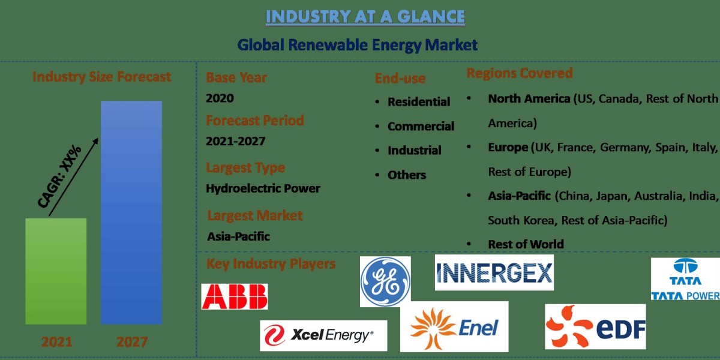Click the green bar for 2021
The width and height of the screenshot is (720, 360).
click(x=56, y=271)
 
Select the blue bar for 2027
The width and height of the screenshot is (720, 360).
click(x=131, y=212)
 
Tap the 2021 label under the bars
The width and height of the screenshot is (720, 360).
click(x=56, y=342)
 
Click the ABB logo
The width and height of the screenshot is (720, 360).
click(x=235, y=296)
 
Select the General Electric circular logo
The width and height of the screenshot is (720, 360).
click(x=385, y=281)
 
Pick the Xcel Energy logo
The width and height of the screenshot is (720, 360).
click(x=323, y=335)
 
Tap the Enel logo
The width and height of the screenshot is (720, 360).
click(x=454, y=326)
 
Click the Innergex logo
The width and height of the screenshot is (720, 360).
click(x=494, y=272)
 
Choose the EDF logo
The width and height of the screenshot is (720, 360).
click(x=595, y=326)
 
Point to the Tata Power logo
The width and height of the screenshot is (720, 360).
click(x=686, y=279)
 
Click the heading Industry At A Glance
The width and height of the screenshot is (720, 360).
click(x=365, y=17)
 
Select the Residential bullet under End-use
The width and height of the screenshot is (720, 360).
click(x=418, y=102)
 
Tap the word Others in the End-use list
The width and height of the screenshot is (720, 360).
click(x=407, y=175)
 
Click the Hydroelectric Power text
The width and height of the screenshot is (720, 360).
click(x=263, y=188)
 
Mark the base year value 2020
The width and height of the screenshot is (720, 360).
click(x=220, y=98)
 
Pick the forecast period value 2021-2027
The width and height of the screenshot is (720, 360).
click(x=235, y=142)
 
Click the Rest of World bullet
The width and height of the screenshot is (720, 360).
click(x=526, y=244)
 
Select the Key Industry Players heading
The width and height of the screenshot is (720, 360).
click(x=271, y=264)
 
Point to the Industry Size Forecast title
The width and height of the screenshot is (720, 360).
click(x=101, y=77)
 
